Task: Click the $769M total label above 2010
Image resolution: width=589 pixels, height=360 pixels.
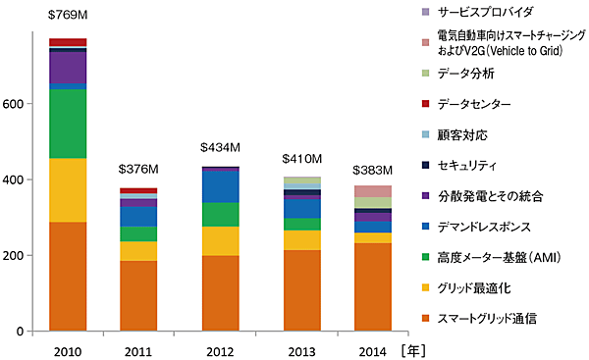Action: point(68,15)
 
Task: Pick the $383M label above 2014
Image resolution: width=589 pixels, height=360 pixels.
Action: point(373,169)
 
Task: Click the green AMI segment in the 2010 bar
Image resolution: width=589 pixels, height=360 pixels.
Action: point(68,124)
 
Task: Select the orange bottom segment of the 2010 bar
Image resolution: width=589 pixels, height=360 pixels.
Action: point(68,277)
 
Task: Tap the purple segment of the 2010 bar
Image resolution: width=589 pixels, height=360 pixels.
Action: point(68,68)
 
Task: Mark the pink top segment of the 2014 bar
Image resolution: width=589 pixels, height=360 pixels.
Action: point(373,191)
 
